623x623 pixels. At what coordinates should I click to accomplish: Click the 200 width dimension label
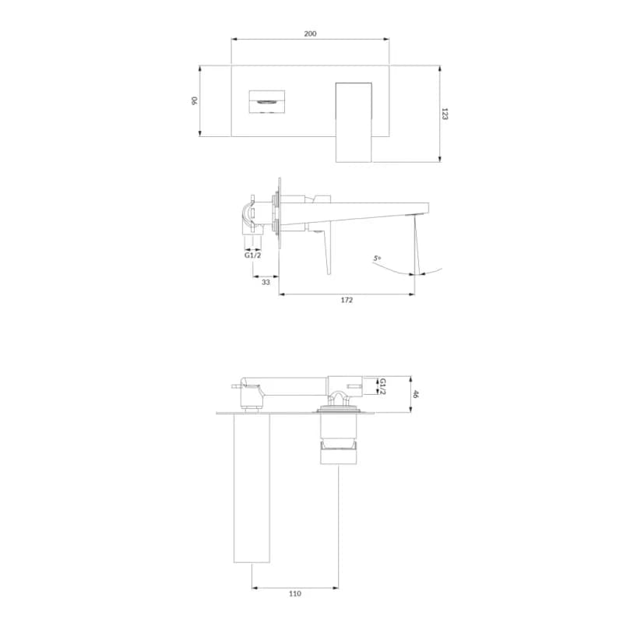pos(310,33)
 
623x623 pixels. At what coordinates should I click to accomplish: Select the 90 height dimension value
pos(194,100)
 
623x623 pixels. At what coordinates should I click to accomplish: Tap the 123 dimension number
pos(445,114)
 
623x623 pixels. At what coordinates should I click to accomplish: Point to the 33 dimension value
pos(266,282)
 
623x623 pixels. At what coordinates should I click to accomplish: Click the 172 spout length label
pos(347,300)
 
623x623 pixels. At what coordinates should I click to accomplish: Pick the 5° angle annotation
pos(377,259)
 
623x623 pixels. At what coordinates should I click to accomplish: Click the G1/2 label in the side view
pos(252,255)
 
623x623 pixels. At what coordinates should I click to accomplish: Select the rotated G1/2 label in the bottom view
pos(382,386)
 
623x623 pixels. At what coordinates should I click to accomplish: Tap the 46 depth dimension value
pos(415,394)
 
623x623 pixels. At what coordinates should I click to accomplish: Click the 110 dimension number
pos(295,593)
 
